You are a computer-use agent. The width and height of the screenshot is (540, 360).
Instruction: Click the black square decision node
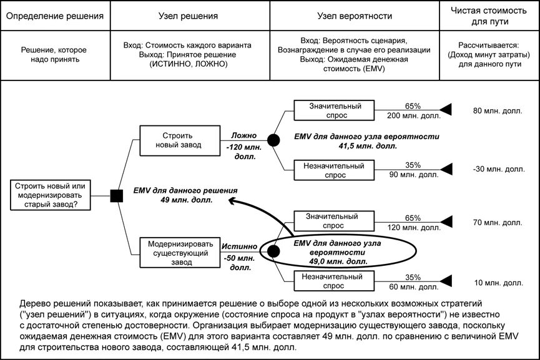pyautogui.click(x=116, y=196)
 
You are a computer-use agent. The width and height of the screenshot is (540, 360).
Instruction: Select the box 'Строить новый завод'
pyautogui.click(x=180, y=140)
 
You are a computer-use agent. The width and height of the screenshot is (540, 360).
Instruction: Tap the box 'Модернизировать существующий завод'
pyautogui.click(x=180, y=253)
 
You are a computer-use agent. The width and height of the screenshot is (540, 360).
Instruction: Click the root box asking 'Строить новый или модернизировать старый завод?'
pyautogui.click(x=51, y=195)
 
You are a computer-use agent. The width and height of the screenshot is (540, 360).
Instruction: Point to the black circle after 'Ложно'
pyautogui.click(x=273, y=140)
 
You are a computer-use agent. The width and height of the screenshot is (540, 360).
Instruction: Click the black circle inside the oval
pyautogui.click(x=273, y=251)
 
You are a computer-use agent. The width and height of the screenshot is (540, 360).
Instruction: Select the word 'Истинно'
pyautogui.click(x=239, y=246)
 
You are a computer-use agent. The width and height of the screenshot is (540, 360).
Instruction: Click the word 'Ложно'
pyautogui.click(x=244, y=135)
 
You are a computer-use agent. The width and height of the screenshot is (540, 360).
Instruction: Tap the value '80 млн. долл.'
pyautogui.click(x=498, y=111)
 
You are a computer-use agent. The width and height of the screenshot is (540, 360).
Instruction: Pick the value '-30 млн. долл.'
pyautogui.click(x=499, y=169)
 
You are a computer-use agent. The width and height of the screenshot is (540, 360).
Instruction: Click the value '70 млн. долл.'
pyautogui.click(x=498, y=222)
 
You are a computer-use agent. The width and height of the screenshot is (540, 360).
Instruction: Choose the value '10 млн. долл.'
pyautogui.click(x=498, y=283)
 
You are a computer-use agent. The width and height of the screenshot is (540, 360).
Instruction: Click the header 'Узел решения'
pyautogui.click(x=188, y=16)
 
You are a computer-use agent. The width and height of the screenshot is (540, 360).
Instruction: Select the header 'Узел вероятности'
pyautogui.click(x=355, y=16)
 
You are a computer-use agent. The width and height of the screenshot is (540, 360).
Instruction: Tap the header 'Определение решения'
pyautogui.click(x=55, y=16)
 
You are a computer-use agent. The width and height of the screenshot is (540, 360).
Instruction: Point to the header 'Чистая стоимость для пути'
pyautogui.click(x=489, y=16)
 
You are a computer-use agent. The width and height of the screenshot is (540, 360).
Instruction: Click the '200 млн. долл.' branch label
pyautogui.click(x=414, y=115)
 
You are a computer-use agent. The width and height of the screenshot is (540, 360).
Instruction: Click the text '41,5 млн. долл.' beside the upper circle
pyautogui.click(x=368, y=146)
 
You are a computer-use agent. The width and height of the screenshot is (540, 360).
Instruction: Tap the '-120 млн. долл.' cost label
pyautogui.click(x=244, y=152)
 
